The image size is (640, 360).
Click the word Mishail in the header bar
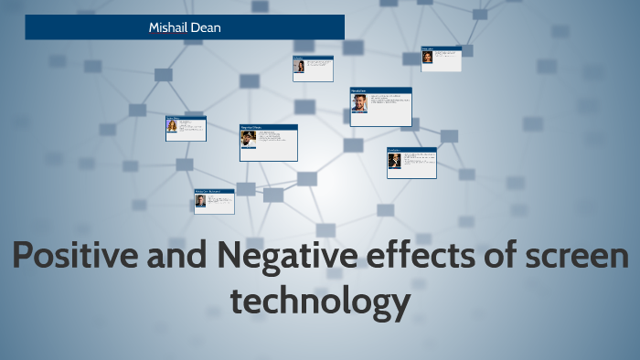click(169, 27)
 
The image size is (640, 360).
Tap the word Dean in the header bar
click(206, 27)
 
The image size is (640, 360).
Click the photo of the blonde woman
click(172, 127)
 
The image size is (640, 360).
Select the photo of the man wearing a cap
click(248, 138)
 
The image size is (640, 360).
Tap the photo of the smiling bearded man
click(359, 102)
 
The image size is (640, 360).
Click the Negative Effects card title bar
click(268, 127)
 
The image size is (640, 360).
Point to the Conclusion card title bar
click(411, 149)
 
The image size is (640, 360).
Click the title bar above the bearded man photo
click(380, 90)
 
